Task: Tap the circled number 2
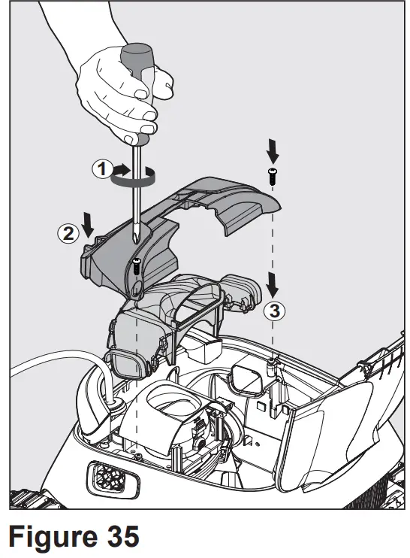click(68, 232)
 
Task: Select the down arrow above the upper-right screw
click(273, 151)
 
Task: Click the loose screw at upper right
click(272, 177)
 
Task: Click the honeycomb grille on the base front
click(104, 475)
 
